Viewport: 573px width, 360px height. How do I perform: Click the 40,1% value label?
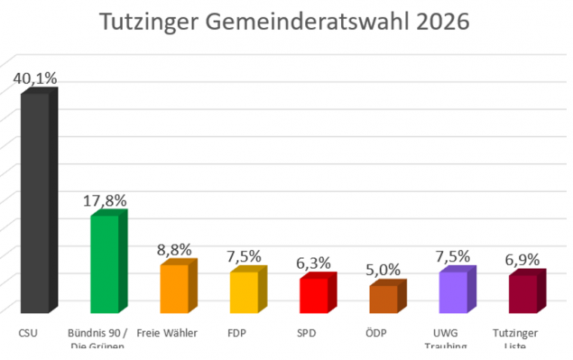pos(35,78)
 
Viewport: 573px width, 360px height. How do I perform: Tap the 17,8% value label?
pos(106,200)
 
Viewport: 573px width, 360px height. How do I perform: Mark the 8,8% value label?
pos(176,250)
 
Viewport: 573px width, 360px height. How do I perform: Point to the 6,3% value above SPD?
pos(316,264)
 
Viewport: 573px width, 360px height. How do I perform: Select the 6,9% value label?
pos(522,260)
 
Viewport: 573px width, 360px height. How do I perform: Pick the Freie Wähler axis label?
pos(167,332)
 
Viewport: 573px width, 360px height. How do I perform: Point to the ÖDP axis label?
pos(381,332)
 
